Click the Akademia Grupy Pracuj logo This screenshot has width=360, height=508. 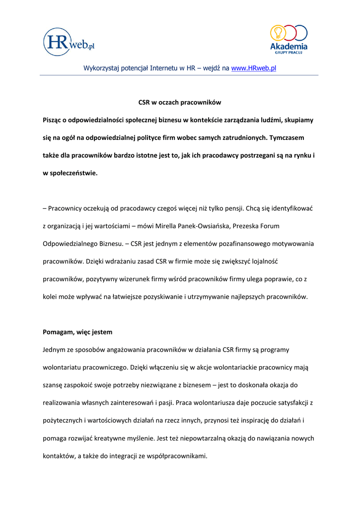(x=288, y=39)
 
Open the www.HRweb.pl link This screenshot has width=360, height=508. (x=254, y=68)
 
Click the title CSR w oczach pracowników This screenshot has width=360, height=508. (x=179, y=102)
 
